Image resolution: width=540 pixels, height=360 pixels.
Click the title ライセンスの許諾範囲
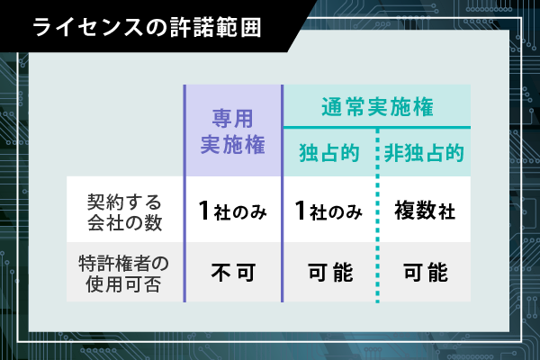click(x=147, y=28)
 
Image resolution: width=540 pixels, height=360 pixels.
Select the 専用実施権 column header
click(x=233, y=131)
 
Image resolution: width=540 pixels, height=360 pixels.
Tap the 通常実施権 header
click(x=377, y=107)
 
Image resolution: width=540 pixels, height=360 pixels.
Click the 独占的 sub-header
click(x=329, y=153)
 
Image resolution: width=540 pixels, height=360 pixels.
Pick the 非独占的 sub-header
click(x=424, y=153)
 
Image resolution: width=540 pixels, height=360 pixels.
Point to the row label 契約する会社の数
click(x=124, y=211)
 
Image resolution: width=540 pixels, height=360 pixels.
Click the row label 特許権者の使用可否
click(x=123, y=274)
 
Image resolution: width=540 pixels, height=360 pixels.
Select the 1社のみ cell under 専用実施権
click(x=233, y=211)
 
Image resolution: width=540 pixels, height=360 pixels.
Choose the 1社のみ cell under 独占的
click(x=328, y=211)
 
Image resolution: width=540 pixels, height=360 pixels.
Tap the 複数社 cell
click(x=425, y=211)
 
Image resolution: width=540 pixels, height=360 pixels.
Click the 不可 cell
click(x=233, y=273)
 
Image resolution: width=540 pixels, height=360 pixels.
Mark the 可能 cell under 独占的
click(x=330, y=273)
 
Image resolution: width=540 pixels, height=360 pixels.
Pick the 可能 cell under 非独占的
click(x=426, y=273)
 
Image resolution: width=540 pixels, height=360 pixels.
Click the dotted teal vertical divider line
click(x=378, y=215)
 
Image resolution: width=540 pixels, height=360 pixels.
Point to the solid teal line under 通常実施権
click(x=377, y=128)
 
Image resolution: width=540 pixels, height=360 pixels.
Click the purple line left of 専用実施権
click(x=184, y=193)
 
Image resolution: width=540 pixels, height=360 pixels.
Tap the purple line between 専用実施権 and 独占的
click(x=283, y=193)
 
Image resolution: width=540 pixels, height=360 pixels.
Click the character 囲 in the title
click(x=251, y=28)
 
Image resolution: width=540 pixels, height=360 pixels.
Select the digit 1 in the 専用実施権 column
click(x=204, y=211)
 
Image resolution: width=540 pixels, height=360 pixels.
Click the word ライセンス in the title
click(x=88, y=28)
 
